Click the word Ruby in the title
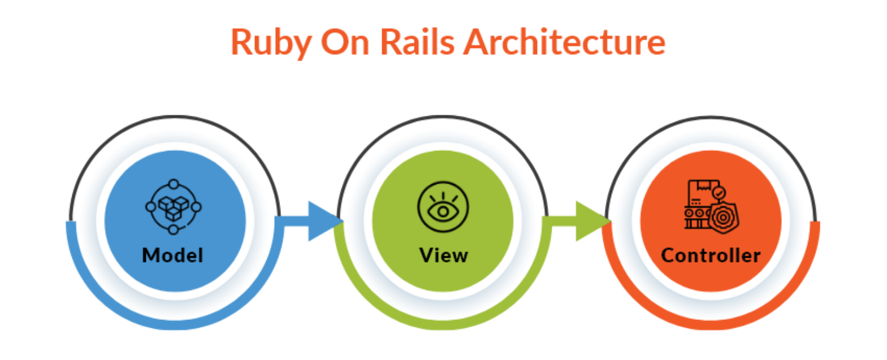pyautogui.click(x=270, y=42)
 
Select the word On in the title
pyautogui.click(x=344, y=42)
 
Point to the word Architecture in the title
pyautogui.click(x=564, y=42)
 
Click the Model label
pyautogui.click(x=172, y=255)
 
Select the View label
pyautogui.click(x=443, y=255)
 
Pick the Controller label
pyautogui.click(x=711, y=255)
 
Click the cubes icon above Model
pyautogui.click(x=174, y=207)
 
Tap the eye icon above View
pyautogui.click(x=443, y=207)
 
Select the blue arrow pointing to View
pyautogui.click(x=317, y=221)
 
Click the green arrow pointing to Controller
pyautogui.click(x=585, y=221)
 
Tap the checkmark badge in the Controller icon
pyautogui.click(x=719, y=193)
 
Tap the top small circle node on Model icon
pyautogui.click(x=174, y=184)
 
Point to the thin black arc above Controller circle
pyautogui.click(x=711, y=118)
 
